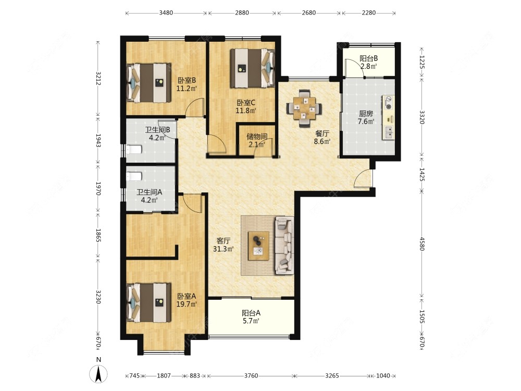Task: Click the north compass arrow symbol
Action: click(98, 374)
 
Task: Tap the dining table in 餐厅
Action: click(304, 108)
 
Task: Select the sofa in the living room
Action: click(284, 245)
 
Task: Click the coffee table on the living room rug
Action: click(259, 246)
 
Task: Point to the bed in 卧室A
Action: click(149, 302)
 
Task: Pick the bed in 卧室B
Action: click(149, 83)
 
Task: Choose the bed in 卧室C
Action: click(253, 68)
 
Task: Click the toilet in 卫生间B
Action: click(134, 150)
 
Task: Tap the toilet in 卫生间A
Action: click(134, 176)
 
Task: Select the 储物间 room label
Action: click(257, 136)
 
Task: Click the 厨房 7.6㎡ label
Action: click(366, 118)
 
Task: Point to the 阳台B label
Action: click(368, 58)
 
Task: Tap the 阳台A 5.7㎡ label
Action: click(251, 317)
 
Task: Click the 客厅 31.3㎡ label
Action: click(223, 245)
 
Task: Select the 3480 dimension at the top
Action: click(166, 13)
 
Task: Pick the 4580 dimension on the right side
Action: click(422, 243)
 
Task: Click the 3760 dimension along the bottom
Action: click(251, 376)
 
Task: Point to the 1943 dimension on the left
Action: click(98, 141)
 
